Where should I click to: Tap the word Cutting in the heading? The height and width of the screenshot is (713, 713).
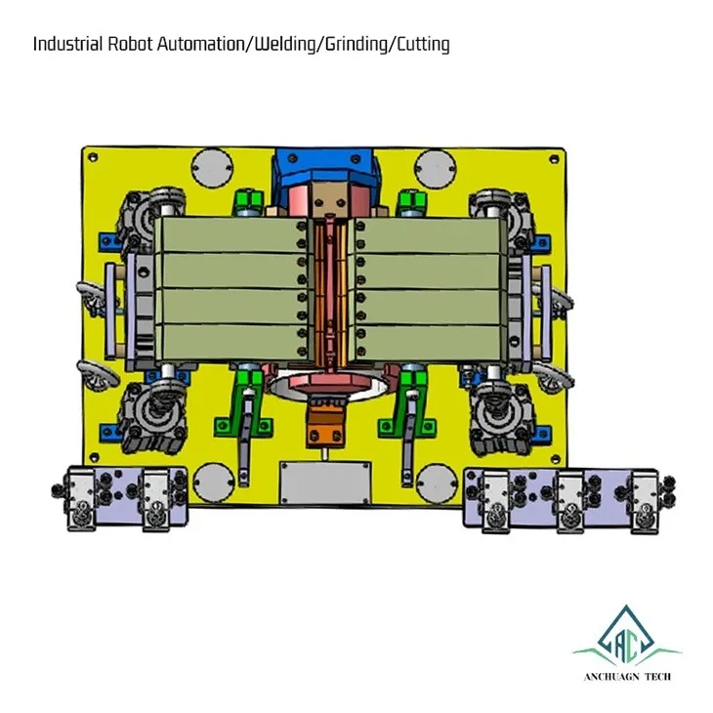click(423, 45)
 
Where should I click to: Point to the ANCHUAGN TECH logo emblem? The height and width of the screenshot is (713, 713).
click(627, 635)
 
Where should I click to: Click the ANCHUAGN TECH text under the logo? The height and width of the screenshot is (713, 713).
click(627, 677)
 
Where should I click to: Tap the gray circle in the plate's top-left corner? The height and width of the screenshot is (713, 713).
click(212, 167)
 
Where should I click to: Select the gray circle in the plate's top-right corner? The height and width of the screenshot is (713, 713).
click(436, 167)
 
